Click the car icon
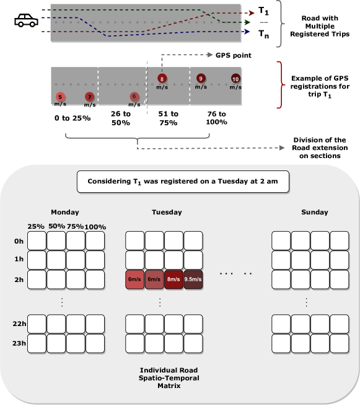(x=26, y=20)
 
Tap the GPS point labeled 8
(x=162, y=79)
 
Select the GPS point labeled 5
(x=60, y=97)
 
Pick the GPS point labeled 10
(x=235, y=79)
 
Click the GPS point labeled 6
(x=134, y=97)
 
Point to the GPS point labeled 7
(x=90, y=97)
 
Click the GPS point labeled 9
(x=201, y=79)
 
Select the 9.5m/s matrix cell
(x=193, y=280)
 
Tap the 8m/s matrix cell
(x=173, y=280)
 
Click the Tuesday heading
(x=167, y=213)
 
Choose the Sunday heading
(x=315, y=213)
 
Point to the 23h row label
(x=19, y=343)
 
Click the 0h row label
(x=19, y=241)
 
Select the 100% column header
(x=95, y=227)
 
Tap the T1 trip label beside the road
(x=263, y=11)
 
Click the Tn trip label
(x=264, y=34)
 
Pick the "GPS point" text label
(x=234, y=55)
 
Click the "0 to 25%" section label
(x=72, y=118)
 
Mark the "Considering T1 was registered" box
(x=183, y=182)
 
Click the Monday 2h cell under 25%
(x=37, y=280)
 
